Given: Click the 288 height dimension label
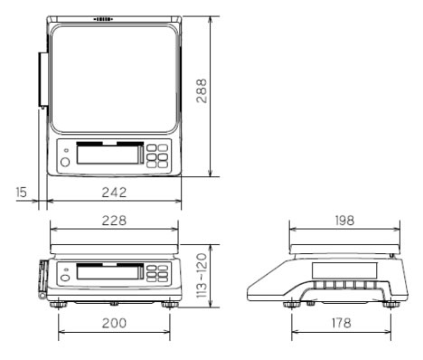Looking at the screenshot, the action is click(x=202, y=91).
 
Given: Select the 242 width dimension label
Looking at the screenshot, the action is click(x=114, y=193).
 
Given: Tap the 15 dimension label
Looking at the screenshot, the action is click(x=21, y=192).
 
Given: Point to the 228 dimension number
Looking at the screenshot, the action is click(x=114, y=221).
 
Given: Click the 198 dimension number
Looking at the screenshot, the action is click(x=344, y=221).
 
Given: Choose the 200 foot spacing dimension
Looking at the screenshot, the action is click(x=114, y=323).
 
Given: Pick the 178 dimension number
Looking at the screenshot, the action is click(x=342, y=323).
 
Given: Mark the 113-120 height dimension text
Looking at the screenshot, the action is click(x=202, y=275).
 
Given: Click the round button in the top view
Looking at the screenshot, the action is click(x=65, y=162).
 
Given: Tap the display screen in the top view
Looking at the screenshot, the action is click(x=110, y=155).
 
